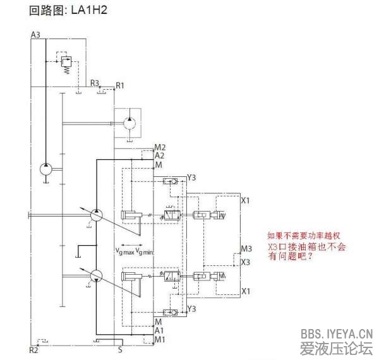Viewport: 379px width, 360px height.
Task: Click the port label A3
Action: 35,35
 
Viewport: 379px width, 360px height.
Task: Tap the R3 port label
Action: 95,82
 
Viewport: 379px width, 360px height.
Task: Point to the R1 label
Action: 120,85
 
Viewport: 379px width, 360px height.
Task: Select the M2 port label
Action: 160,147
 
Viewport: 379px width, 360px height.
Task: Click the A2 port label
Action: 160,155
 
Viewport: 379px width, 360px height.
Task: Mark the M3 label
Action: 247,248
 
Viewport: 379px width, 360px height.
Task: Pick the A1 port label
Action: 160,330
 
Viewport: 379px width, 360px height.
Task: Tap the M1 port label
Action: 160,339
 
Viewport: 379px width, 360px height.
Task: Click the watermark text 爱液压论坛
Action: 336,349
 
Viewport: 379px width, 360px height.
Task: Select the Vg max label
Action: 124,251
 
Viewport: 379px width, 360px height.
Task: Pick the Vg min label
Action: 146,251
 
